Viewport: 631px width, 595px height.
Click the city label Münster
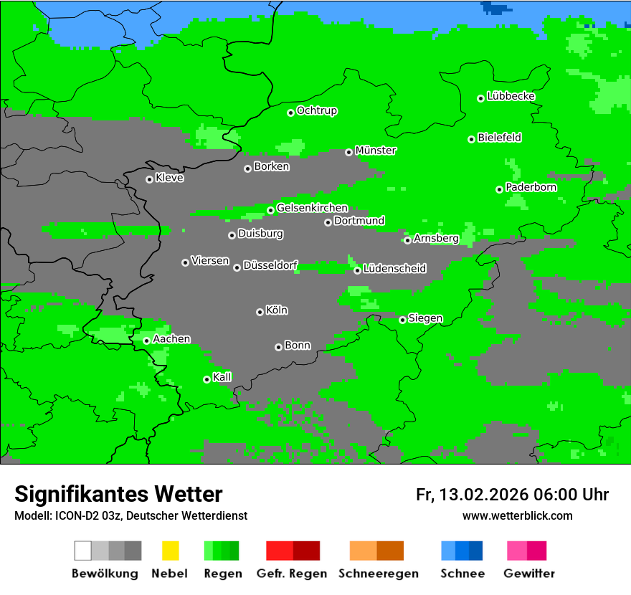376,151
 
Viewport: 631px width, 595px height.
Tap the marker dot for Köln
260,312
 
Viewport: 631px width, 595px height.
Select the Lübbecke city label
511,96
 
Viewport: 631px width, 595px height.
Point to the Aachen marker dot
146,341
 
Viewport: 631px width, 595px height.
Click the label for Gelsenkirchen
312,208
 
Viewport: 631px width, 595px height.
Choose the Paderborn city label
531,187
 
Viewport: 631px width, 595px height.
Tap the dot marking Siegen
402,320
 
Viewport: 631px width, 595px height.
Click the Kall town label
222,377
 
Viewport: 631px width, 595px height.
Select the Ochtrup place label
317,110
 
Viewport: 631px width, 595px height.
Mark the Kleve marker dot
149,179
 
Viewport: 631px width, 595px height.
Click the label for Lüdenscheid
394,269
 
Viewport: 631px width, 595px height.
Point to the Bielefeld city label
499,138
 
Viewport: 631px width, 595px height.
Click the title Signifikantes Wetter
118,494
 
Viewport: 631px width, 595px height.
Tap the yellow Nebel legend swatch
170,551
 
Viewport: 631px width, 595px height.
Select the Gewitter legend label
528,573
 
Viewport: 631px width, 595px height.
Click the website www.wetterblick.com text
517,515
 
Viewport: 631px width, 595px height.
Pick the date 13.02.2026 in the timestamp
484,495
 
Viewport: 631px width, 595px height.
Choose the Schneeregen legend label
378,573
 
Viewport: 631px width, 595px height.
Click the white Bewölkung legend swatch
83,551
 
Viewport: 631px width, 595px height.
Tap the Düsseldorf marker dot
237,267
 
